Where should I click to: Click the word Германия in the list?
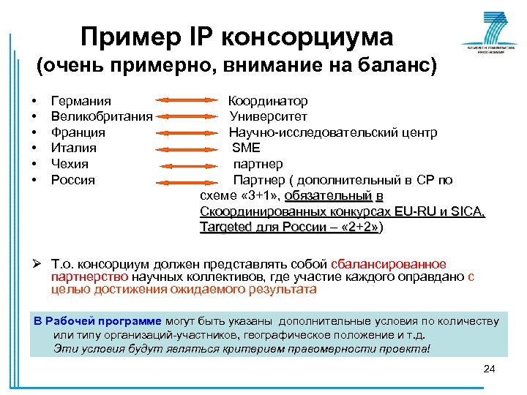pyautogui.click(x=81, y=101)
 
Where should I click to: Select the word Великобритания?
pyautogui.click(x=101, y=116)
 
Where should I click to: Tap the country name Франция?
pyautogui.click(x=78, y=132)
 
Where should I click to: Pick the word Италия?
pyautogui.click(x=73, y=148)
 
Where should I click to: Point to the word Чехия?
pyautogui.click(x=70, y=164)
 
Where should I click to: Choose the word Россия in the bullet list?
pyautogui.click(x=72, y=179)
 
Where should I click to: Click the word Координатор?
pyautogui.click(x=268, y=101)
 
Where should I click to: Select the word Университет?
pyautogui.click(x=268, y=116)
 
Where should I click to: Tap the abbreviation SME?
pyautogui.click(x=246, y=148)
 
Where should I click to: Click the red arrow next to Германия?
pyautogui.click(x=187, y=101)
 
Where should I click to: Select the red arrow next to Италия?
pyautogui.click(x=187, y=148)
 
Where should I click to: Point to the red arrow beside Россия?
pyautogui.click(x=187, y=180)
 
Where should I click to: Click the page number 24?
pyautogui.click(x=490, y=367)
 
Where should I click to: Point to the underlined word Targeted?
pyautogui.click(x=225, y=227)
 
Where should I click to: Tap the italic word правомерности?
pyautogui.click(x=312, y=348)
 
